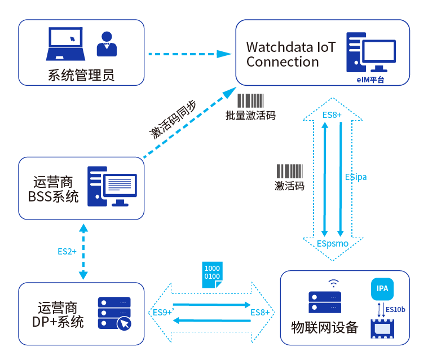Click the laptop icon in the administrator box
(65, 43)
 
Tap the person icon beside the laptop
(107, 44)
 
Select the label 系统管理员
(81, 75)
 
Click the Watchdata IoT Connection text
(291, 54)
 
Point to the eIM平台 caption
(370, 80)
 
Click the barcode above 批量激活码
(250, 101)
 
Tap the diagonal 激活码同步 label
(173, 120)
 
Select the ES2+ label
(67, 251)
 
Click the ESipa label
(356, 177)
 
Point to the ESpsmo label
(333, 243)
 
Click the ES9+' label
(163, 312)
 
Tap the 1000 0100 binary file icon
(213, 275)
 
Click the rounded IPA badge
(382, 289)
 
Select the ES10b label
(395, 309)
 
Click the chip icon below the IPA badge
(382, 329)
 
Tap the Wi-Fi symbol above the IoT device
(333, 283)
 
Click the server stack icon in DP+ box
(114, 314)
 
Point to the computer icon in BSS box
(112, 186)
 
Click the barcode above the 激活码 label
(290, 172)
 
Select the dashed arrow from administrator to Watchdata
(190, 54)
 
